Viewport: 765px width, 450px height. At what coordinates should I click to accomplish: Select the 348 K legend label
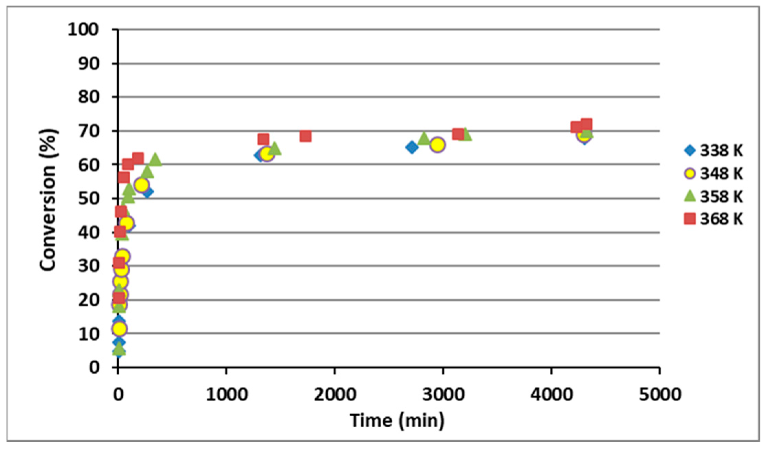(721, 174)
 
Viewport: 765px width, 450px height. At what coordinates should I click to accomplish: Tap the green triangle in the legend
(690, 196)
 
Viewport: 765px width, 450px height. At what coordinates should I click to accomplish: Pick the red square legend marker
(690, 219)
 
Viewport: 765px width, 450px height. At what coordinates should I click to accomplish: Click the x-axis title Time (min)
(397, 420)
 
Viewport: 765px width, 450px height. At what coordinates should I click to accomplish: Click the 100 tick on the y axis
(83, 30)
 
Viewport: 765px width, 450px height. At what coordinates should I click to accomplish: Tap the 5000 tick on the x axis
(660, 394)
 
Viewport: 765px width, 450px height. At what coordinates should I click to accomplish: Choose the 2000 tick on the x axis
(335, 394)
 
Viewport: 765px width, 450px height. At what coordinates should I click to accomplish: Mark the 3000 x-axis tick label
(443, 394)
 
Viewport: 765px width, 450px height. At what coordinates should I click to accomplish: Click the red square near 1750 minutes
(305, 136)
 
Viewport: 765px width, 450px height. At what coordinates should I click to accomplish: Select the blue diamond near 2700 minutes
(412, 147)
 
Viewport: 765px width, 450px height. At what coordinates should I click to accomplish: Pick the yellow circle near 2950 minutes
(437, 145)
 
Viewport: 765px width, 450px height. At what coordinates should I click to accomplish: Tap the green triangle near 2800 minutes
(424, 138)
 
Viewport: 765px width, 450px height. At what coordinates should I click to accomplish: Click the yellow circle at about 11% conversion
(119, 329)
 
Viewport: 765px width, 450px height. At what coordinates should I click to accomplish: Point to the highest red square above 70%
(586, 124)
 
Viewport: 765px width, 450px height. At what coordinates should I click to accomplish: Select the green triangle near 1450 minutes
(274, 149)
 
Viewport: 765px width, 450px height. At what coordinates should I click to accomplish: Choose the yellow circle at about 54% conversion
(141, 185)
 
